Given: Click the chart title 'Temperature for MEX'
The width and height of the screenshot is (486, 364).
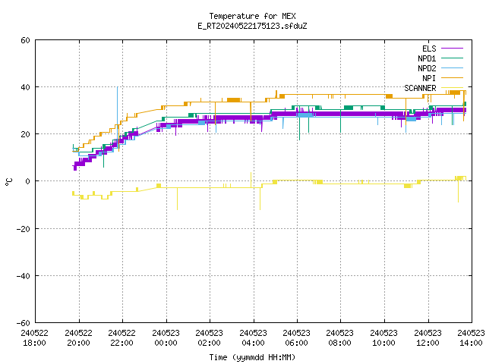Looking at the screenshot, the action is (252, 16).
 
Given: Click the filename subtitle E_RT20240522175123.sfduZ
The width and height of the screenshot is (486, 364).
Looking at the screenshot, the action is (252, 26).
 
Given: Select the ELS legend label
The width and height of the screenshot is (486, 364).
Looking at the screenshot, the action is (429, 49).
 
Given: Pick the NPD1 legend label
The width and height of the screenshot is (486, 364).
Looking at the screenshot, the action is (427, 58).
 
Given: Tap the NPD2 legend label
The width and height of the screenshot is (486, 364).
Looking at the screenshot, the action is (427, 68).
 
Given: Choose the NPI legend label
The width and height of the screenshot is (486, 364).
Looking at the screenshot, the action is (429, 78).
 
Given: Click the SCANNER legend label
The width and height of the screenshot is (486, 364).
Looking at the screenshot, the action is (420, 88).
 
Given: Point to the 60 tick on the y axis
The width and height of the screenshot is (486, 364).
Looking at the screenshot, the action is (25, 40).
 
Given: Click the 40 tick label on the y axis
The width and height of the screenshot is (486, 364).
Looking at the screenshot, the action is (25, 87).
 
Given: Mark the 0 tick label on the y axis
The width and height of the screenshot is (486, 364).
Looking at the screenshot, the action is (28, 181).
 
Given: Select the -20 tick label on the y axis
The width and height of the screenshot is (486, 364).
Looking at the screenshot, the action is (24, 229).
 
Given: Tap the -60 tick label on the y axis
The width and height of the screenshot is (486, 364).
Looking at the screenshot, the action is (24, 323).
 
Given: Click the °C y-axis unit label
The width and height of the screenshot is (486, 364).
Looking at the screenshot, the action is (9, 182).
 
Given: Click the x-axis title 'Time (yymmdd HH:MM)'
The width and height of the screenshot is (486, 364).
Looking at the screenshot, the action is (252, 357).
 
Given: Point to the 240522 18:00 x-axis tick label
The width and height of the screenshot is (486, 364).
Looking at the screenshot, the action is (35, 338).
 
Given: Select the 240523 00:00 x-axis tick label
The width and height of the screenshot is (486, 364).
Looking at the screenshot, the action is (166, 338).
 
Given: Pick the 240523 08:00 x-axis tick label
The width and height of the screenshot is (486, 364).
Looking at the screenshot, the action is (340, 338).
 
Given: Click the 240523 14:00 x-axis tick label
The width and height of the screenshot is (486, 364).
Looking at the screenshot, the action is (471, 338).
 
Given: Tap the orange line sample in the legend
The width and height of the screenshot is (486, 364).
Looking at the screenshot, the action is (452, 78).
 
